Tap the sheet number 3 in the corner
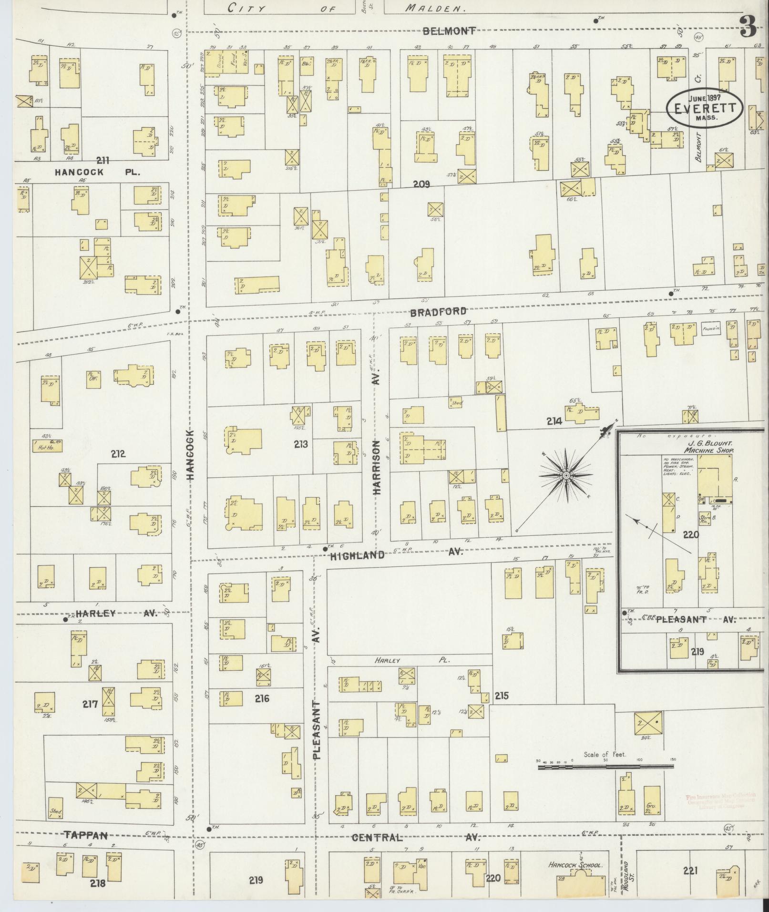click(x=748, y=27)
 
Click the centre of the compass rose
click(x=566, y=475)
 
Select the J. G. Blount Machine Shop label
click(x=708, y=447)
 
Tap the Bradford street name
click(x=438, y=311)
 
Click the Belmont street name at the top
click(x=449, y=31)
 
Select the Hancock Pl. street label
click(x=97, y=172)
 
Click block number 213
click(x=301, y=444)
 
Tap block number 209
click(x=421, y=184)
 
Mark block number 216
click(x=262, y=698)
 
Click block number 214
click(x=554, y=421)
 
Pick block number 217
click(x=90, y=704)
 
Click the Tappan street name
click(x=86, y=835)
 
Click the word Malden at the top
click(x=436, y=8)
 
